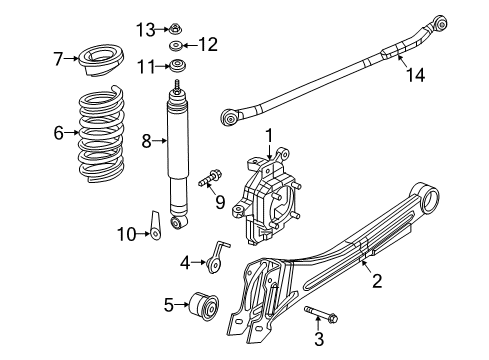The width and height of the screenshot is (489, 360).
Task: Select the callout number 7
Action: [x=57, y=59]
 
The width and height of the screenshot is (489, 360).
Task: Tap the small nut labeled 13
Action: [x=176, y=26]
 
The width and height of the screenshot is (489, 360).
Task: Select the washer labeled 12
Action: [x=176, y=45]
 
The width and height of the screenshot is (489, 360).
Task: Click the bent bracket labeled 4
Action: [x=213, y=261]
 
